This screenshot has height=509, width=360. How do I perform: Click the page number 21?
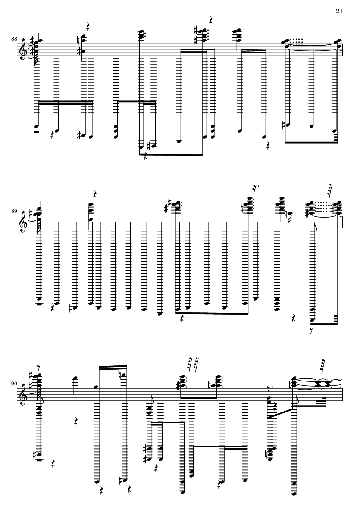pos(339,11)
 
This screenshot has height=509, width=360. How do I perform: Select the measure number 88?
pos(15,39)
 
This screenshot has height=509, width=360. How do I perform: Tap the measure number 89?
pos(15,212)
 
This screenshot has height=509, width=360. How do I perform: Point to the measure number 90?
pos(15,383)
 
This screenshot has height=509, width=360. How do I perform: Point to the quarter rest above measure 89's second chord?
pos(95,194)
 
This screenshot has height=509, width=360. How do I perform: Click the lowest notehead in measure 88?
pos(140,147)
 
